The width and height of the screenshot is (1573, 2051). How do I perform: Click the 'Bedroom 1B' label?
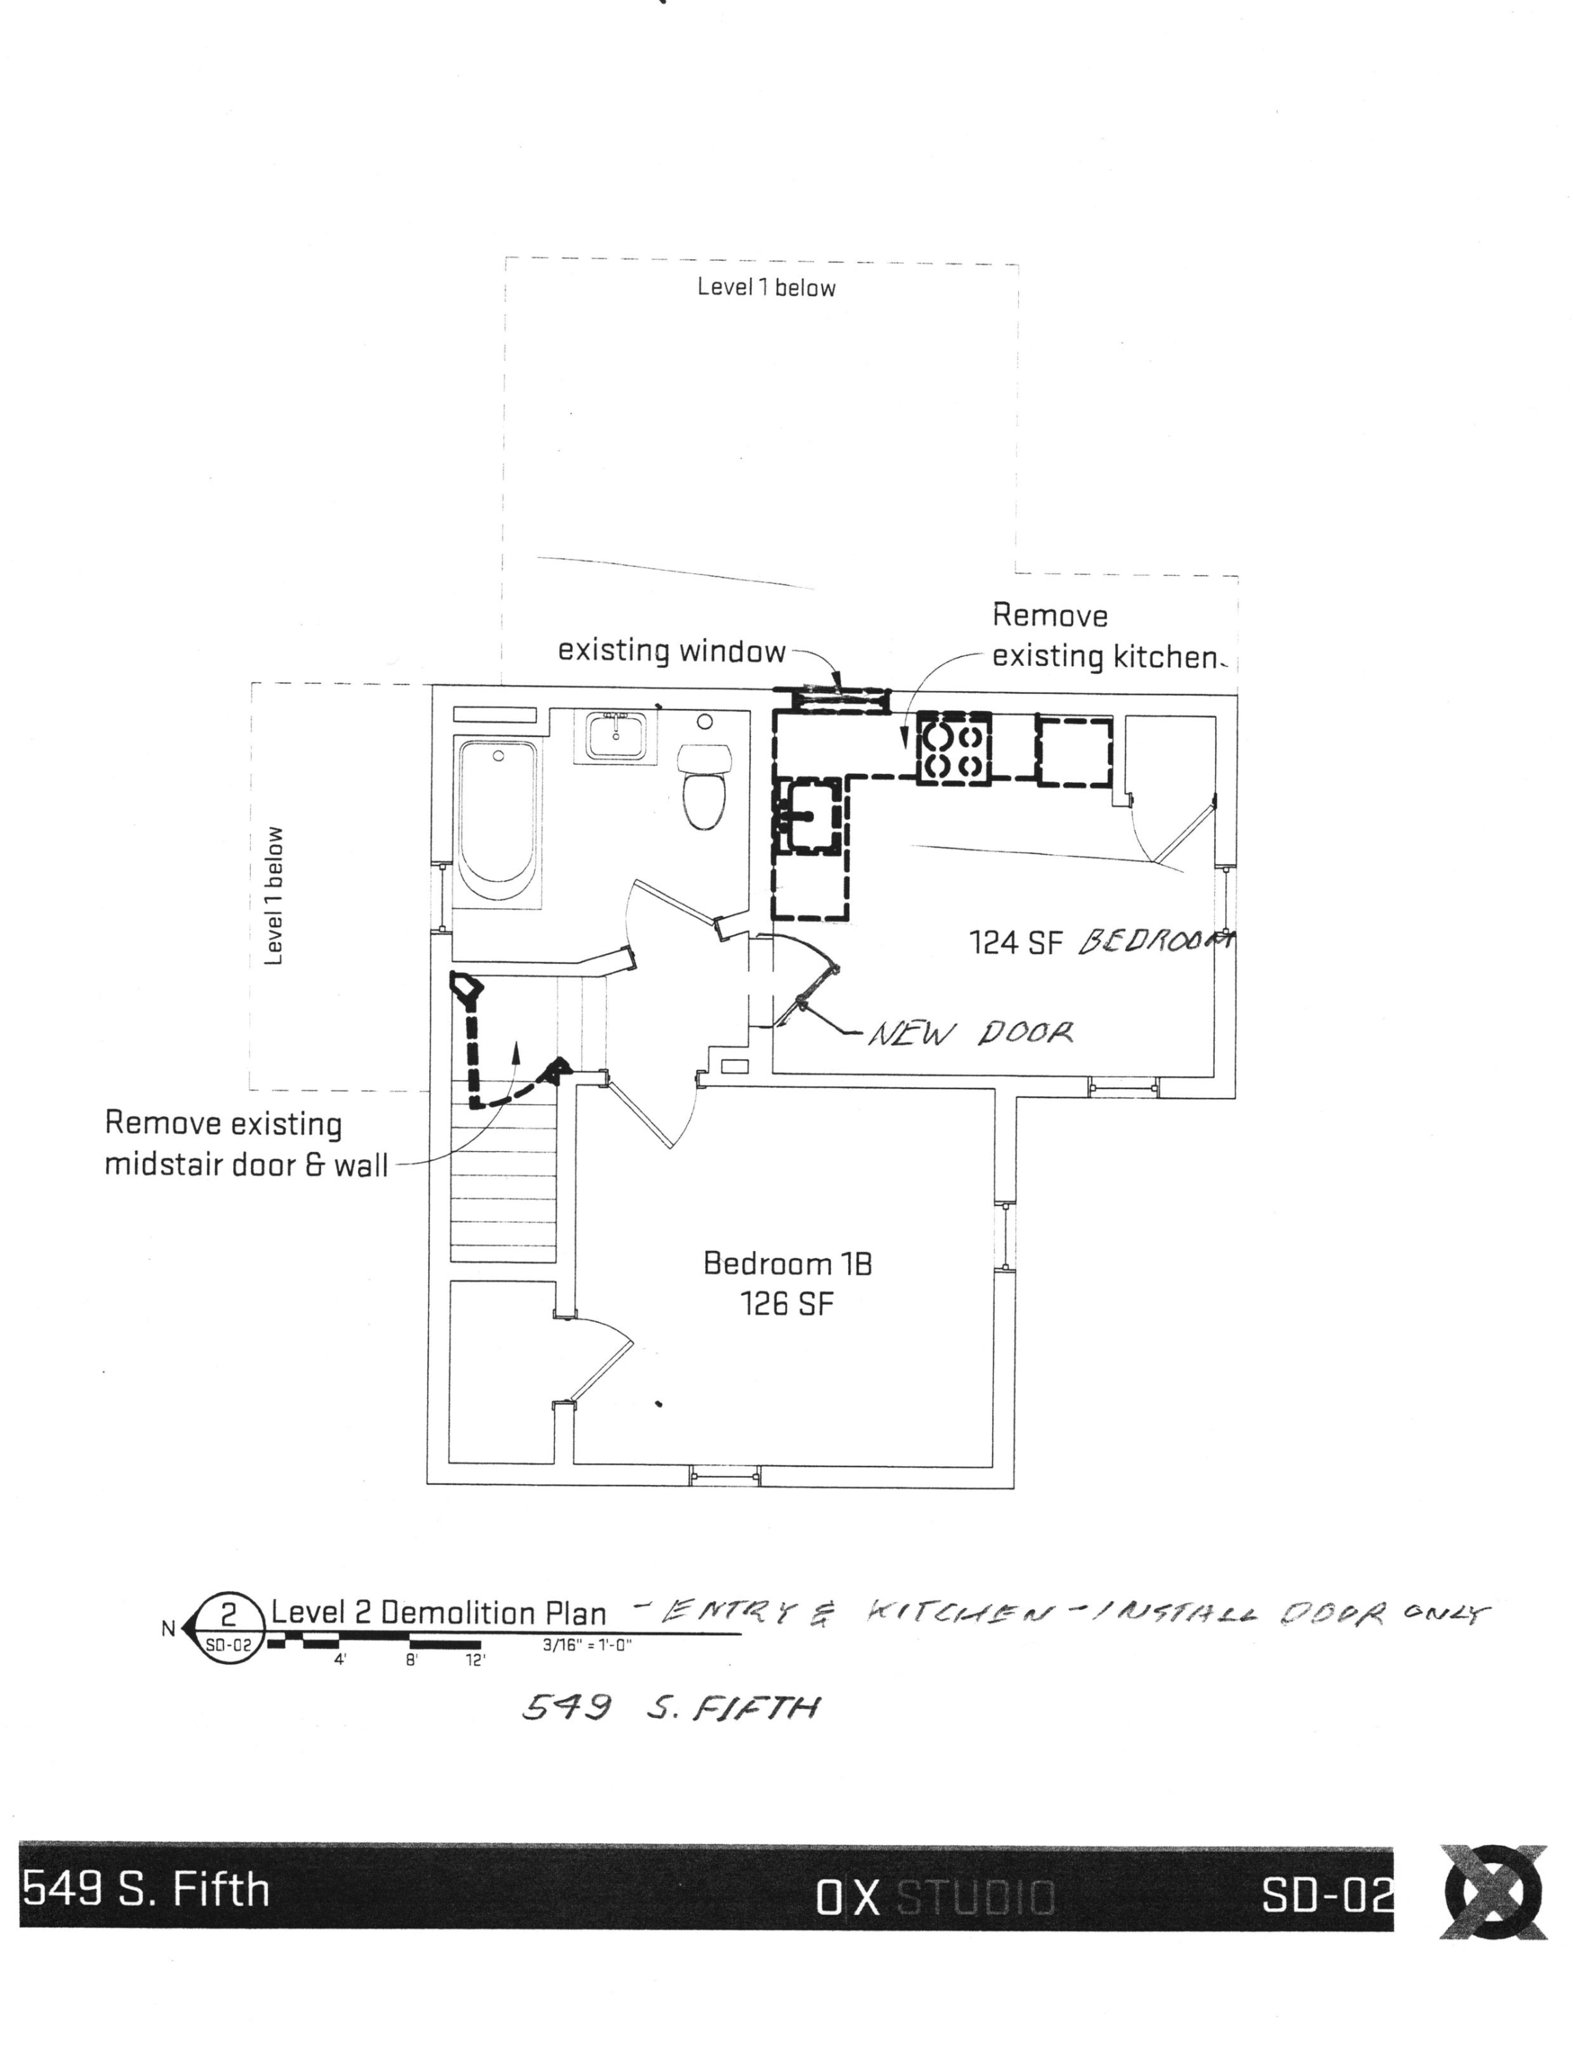pyautogui.click(x=786, y=1263)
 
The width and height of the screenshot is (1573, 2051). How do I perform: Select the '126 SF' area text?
pyautogui.click(x=786, y=1304)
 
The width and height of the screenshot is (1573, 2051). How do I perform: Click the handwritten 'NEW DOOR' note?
pyautogui.click(x=970, y=1034)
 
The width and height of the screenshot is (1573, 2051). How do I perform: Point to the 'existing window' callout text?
pyautogui.click(x=671, y=651)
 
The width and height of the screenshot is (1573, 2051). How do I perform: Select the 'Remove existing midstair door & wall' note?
pyautogui.click(x=245, y=1144)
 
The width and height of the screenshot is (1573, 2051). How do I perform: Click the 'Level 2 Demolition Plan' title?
pyautogui.click(x=438, y=1613)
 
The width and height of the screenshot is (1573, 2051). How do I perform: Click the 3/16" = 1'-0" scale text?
pyautogui.click(x=587, y=1644)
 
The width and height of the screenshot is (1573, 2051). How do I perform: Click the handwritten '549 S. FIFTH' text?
pyautogui.click(x=670, y=1708)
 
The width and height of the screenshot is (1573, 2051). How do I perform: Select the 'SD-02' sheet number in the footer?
pyautogui.click(x=1325, y=1896)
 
